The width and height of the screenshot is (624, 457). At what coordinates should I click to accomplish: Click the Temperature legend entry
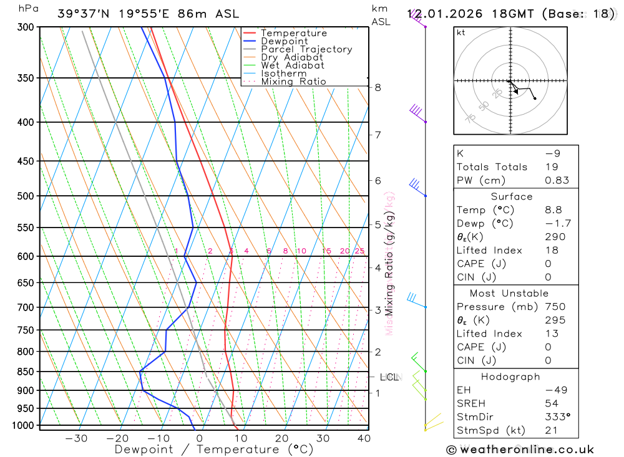293,33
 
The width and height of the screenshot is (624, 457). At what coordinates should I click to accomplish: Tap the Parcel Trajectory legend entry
306,49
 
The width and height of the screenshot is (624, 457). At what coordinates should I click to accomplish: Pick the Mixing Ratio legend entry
293,82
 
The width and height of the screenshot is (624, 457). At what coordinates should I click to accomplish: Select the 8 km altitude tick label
378,87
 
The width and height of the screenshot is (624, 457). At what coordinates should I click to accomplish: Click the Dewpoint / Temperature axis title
214,449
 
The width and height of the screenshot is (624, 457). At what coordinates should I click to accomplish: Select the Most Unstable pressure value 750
555,307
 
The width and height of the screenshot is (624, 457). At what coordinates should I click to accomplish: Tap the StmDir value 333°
557,416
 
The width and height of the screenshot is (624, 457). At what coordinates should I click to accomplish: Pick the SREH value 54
551,403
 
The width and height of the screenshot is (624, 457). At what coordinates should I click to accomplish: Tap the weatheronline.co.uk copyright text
520,450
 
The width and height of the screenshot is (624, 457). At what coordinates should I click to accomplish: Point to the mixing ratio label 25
359,251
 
